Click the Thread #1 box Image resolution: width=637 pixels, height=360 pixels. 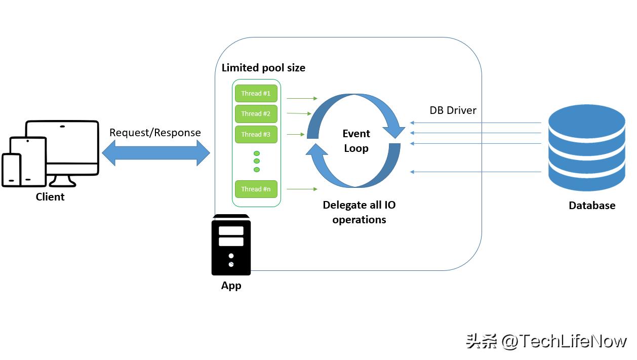click(256, 94)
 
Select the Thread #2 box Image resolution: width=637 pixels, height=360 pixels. click(256, 114)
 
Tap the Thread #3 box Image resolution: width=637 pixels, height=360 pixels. click(256, 135)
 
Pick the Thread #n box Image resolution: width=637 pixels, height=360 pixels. click(256, 189)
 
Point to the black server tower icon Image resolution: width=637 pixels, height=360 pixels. click(231, 245)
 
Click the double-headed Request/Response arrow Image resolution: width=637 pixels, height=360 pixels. click(156, 152)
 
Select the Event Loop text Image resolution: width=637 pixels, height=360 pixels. click(356, 141)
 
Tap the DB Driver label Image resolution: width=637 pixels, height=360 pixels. click(453, 110)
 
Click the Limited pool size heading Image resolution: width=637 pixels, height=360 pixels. click(263, 68)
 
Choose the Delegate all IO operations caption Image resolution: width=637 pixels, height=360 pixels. click(359, 212)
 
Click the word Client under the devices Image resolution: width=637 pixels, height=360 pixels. click(50, 197)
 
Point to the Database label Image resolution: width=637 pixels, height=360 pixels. click(592, 206)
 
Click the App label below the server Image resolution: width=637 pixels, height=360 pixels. click(231, 286)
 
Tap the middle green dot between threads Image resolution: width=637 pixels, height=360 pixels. click(257, 161)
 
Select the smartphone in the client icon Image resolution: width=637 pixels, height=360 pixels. click(12, 170)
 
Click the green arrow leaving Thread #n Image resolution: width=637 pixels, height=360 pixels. click(302, 189)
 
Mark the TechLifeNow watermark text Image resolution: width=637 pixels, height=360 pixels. click(546, 341)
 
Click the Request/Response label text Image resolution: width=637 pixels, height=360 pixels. click(155, 133)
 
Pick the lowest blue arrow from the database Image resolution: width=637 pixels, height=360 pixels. click(476, 172)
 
